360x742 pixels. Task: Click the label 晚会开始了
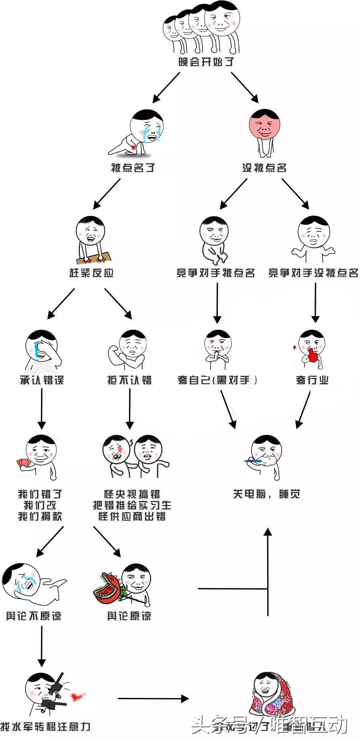(206, 62)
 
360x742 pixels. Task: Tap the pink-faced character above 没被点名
(264, 125)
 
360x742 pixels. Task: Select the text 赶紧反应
(92, 273)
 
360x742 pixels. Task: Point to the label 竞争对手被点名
(215, 273)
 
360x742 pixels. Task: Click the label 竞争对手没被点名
(313, 273)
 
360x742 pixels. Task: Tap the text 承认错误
(41, 380)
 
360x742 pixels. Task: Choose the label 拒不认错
(129, 380)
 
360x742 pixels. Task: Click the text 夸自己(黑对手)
(217, 380)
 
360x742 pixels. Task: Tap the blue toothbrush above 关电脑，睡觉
(253, 461)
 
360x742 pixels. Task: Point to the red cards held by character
(23, 464)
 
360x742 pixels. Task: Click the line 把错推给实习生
(132, 505)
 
